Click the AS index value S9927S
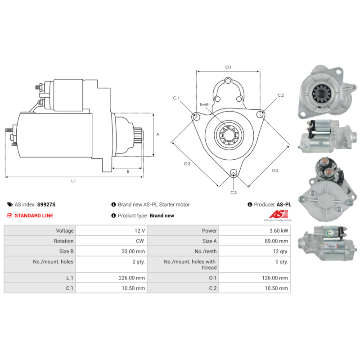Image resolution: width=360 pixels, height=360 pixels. click(x=46, y=204)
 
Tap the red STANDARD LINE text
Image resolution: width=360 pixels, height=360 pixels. click(x=34, y=216)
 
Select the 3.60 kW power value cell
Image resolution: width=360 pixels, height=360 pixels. click(x=254, y=230)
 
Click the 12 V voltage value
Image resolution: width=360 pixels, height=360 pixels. click(x=139, y=230)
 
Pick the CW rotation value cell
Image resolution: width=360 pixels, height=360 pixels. click(x=111, y=241)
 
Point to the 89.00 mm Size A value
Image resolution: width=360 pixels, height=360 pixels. click(x=276, y=241)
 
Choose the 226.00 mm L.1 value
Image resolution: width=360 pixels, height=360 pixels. click(x=132, y=278)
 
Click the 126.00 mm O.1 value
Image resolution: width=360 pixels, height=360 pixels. click(x=275, y=278)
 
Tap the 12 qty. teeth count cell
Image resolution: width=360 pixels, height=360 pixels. click(x=254, y=251)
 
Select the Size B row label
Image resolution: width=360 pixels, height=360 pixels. click(x=66, y=251)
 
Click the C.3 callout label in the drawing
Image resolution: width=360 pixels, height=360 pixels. click(x=234, y=193)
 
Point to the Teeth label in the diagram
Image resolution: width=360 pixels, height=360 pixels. click(x=204, y=105)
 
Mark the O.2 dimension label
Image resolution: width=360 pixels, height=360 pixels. click(x=275, y=171)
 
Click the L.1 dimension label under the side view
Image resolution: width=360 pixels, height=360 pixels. click(x=73, y=181)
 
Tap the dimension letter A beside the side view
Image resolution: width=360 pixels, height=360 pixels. click(x=157, y=134)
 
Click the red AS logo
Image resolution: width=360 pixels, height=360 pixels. click(x=279, y=214)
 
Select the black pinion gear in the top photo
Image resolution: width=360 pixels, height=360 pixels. click(x=321, y=93)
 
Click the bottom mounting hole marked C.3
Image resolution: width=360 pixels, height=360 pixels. click(x=234, y=173)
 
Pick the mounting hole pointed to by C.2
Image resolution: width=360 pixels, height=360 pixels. click(x=260, y=114)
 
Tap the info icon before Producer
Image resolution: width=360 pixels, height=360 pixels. click(x=250, y=204)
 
